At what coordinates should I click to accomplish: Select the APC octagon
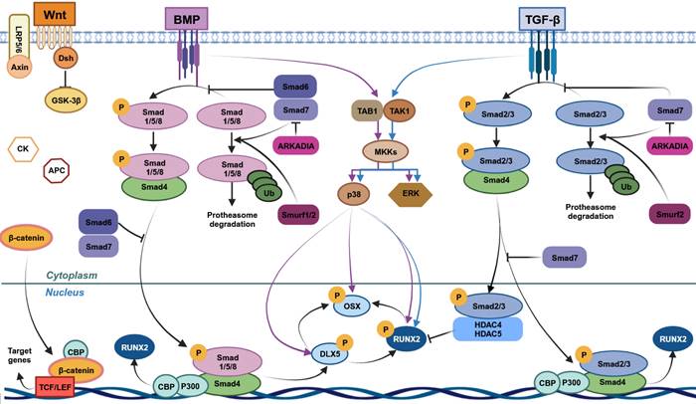click(57, 171)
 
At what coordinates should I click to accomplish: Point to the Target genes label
click(23, 356)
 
